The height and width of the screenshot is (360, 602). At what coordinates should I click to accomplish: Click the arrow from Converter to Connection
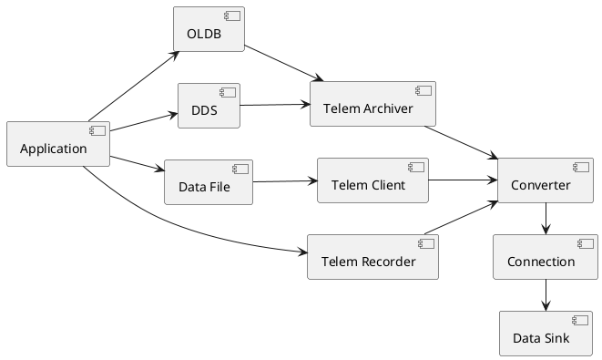coord(545,219)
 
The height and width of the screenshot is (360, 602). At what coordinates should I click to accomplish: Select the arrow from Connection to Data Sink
coord(545,295)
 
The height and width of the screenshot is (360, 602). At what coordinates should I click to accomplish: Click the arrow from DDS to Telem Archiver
coord(274,105)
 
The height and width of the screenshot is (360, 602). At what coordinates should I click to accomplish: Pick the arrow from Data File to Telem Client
coord(284,181)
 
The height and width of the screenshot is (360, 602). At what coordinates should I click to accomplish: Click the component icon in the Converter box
coord(578,167)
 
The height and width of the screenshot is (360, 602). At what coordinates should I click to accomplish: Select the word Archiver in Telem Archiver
coord(386,109)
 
